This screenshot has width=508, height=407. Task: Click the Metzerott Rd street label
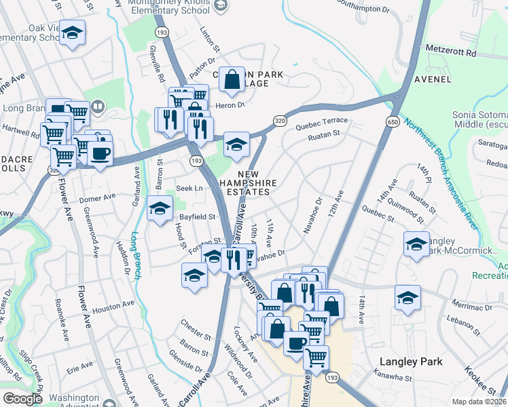[452, 52]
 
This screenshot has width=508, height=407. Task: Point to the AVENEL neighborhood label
[433, 79]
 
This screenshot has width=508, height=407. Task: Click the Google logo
[22, 398]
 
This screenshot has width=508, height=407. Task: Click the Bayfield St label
[197, 217]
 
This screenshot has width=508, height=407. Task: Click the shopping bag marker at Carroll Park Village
[232, 79]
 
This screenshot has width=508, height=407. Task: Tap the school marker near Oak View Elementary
[72, 33]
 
